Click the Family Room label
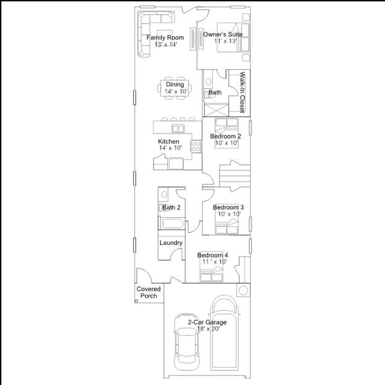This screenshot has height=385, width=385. pyautogui.click(x=165, y=37)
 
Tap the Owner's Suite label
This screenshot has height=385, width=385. pyautogui.click(x=223, y=34)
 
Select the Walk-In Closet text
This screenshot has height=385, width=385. pyautogui.click(x=242, y=92)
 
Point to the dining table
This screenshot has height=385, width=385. pyautogui.click(x=174, y=88)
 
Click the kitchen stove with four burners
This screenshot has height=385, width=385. pyautogui.click(x=196, y=146)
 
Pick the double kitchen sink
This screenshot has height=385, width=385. pyautogui.click(x=178, y=128)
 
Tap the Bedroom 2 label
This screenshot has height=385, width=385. pyautogui.click(x=226, y=137)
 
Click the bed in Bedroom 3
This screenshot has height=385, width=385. pyautogui.click(x=227, y=226)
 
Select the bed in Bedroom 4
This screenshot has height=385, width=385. pyautogui.click(x=211, y=273)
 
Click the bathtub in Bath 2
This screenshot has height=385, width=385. pyautogui.click(x=171, y=223)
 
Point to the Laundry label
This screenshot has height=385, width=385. pyautogui.click(x=171, y=243)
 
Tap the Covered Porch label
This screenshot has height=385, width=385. pyautogui.click(x=149, y=292)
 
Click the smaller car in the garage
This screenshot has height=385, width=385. pyautogui.click(x=186, y=342)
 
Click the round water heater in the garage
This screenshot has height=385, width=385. pyautogui.click(x=243, y=291)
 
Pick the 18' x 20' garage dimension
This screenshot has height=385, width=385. pyautogui.click(x=208, y=329)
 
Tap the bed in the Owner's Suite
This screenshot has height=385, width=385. pyautogui.click(x=233, y=37)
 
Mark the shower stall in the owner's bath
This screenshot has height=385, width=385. pyautogui.click(x=216, y=109)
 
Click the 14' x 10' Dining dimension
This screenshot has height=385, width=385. pyautogui.click(x=176, y=91)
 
